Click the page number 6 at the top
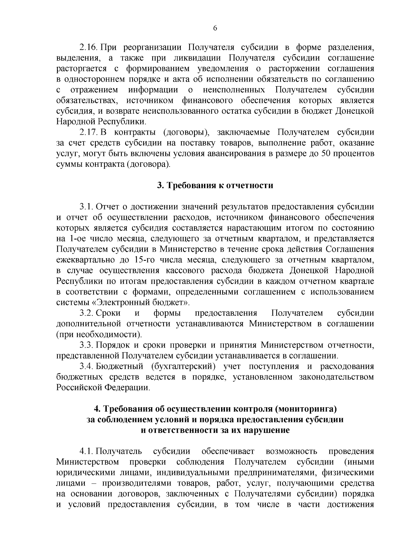coord(215,28)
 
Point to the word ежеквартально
coord(85,260)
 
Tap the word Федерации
coord(127,388)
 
